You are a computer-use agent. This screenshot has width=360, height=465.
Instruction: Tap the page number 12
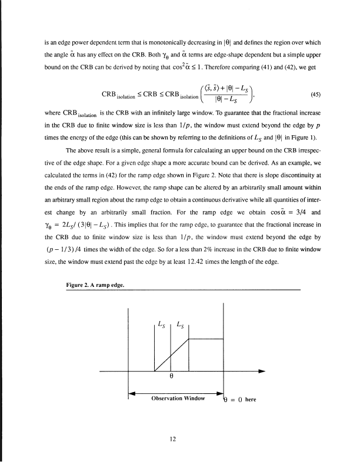pyautogui.click(x=174, y=438)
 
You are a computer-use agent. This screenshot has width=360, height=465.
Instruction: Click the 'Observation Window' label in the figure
pyautogui.click(x=177, y=398)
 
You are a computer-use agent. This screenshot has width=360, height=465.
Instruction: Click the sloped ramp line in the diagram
pyautogui.click(x=171, y=354)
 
